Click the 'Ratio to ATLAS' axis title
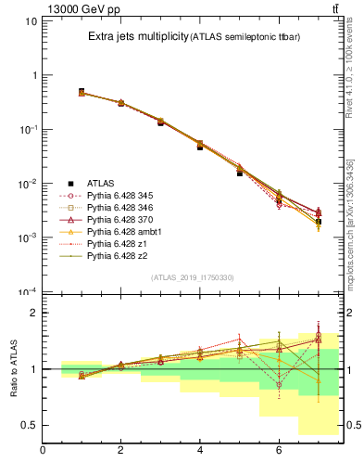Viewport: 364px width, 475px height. click(x=14, y=368)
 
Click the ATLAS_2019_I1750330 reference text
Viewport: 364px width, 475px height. click(x=193, y=277)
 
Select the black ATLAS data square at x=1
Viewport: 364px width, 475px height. click(x=82, y=92)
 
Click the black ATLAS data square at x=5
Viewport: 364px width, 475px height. click(x=239, y=173)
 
